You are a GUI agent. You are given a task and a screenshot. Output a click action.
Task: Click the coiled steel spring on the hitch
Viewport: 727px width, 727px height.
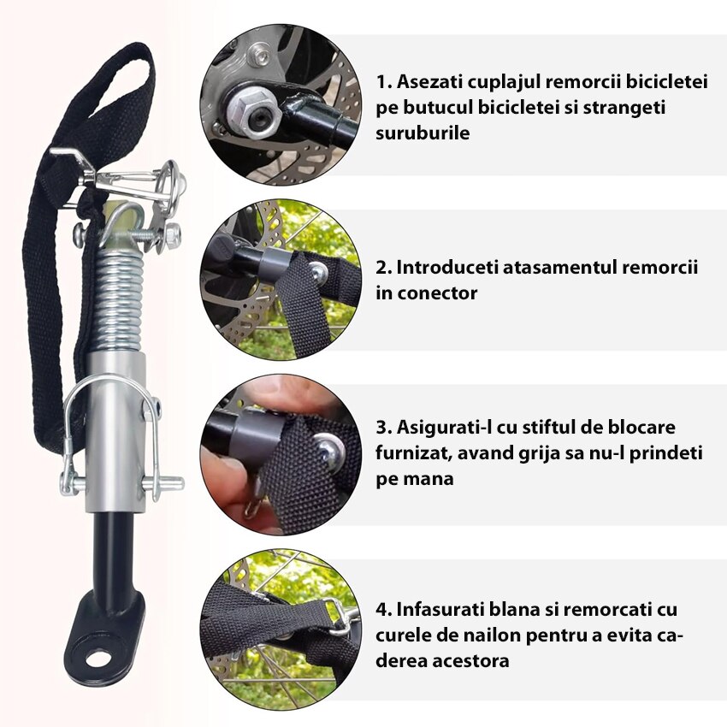(120, 302)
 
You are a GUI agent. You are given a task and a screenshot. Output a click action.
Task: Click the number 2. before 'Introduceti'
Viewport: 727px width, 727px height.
(383, 268)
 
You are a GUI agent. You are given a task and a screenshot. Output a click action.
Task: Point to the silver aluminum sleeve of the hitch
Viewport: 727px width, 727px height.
(116, 431)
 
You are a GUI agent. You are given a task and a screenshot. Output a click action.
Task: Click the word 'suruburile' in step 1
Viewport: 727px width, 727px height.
(423, 133)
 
